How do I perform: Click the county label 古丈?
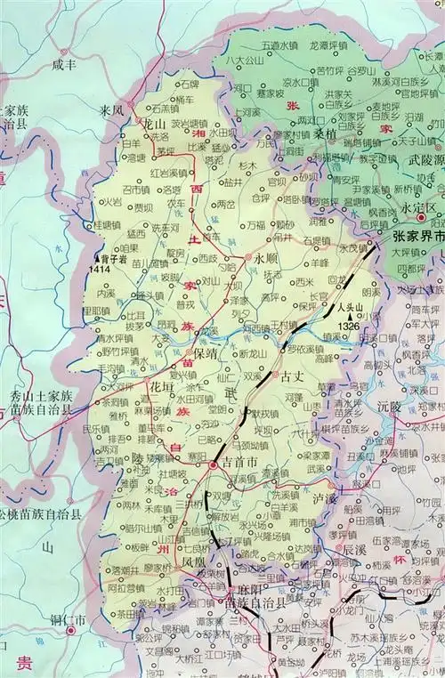[x=294, y=376]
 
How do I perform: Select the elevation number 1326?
[x=350, y=328]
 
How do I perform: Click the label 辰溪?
[x=354, y=551]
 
